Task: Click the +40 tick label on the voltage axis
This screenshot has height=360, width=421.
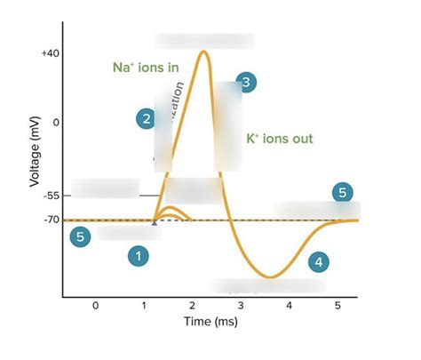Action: pyautogui.click(x=50, y=53)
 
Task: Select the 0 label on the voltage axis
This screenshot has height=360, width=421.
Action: pyautogui.click(x=55, y=122)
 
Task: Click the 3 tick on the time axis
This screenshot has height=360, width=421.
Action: pyautogui.click(x=241, y=305)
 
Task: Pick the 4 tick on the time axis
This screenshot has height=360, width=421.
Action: pyautogui.click(x=289, y=305)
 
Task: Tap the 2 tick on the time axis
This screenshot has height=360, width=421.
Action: pyautogui.click(x=192, y=305)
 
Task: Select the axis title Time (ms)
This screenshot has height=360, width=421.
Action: pyautogui.click(x=211, y=322)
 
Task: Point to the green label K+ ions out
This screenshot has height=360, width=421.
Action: pyautogui.click(x=279, y=139)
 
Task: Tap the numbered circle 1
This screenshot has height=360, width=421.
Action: pyautogui.click(x=137, y=256)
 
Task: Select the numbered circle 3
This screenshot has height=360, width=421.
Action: pyautogui.click(x=247, y=83)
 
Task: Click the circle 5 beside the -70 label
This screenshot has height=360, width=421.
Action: pyautogui.click(x=81, y=237)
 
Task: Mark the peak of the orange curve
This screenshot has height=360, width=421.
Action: pyautogui.click(x=205, y=52)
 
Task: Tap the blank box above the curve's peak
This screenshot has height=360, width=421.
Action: pyautogui.click(x=204, y=41)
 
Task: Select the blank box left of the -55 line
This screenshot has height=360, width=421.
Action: pyautogui.click(x=105, y=188)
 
